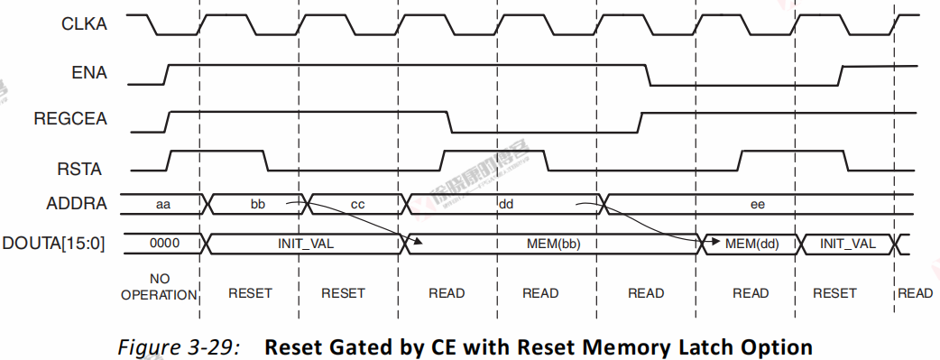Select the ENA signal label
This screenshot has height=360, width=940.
(90, 73)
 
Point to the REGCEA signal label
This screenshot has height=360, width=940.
(70, 120)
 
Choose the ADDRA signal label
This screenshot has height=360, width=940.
(78, 204)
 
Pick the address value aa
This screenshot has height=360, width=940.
(163, 205)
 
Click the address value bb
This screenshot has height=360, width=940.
(258, 205)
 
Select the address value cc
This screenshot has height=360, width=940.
(357, 205)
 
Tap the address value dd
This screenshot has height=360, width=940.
(505, 205)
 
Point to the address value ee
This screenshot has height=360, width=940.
(758, 205)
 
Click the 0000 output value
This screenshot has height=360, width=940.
(163, 244)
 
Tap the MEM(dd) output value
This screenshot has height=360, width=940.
(751, 244)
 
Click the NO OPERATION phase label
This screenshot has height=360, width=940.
(159, 286)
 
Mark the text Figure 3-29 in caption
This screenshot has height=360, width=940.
(179, 346)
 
